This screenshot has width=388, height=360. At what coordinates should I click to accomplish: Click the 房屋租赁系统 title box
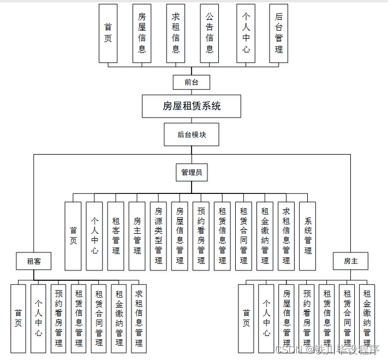coord(192,106)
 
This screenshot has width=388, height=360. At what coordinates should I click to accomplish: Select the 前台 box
coord(191,82)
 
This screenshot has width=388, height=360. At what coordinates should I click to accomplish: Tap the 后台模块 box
coord(192,134)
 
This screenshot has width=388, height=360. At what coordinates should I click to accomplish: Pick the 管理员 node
coord(192,173)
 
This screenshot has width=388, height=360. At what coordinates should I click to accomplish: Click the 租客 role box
coord(34,261)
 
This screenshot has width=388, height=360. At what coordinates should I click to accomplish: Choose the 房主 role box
coord(350,261)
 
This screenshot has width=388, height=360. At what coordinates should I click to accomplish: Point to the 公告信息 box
coord(210,33)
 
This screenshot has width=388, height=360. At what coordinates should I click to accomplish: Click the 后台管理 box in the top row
coord(279,33)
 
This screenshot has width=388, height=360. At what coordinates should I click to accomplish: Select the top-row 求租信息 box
coord(176,33)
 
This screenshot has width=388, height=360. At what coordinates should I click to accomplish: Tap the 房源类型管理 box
coord(158,236)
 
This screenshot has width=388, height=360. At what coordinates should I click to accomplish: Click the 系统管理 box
coord(308,236)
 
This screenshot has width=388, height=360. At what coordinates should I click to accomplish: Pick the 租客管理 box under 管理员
coord(116,236)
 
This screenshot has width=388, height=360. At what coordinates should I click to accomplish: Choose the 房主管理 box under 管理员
coord(137,236)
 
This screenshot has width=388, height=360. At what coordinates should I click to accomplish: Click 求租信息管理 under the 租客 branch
coord(139,318)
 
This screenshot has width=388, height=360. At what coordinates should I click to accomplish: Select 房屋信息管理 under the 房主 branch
coord(286,318)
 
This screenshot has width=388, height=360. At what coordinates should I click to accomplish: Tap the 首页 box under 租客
coord(18,318)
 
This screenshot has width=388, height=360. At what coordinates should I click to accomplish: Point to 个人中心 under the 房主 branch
coord(266,318)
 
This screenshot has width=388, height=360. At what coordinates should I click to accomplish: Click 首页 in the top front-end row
coord(108,33)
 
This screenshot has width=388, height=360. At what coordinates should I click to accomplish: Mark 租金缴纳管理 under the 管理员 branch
coord(265,236)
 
